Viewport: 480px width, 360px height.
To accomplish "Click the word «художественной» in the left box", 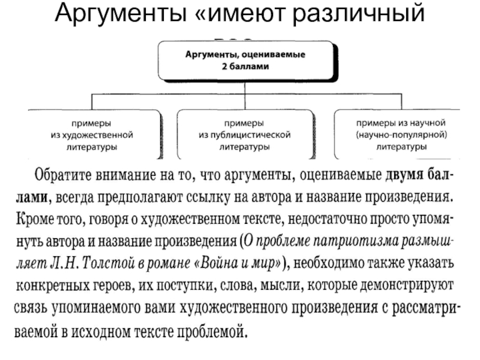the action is [91, 134].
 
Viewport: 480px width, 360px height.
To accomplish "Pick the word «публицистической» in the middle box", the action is [245, 134].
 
